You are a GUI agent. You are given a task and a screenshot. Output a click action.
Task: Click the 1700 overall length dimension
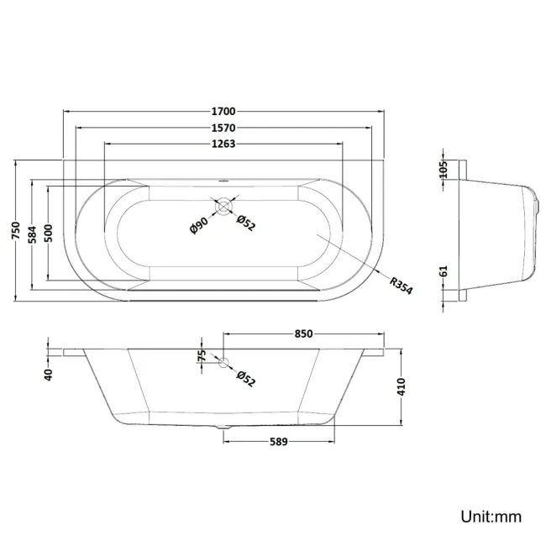tap(223, 111)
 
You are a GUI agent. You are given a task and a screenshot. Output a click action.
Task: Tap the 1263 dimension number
tap(223, 144)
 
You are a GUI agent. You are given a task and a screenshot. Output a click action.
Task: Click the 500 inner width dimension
tap(50, 234)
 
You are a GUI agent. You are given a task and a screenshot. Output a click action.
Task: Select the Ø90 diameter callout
tap(199, 224)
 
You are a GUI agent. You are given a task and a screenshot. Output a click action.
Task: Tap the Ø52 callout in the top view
tap(245, 223)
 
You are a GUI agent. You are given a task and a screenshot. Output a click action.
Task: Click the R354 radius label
tap(400, 283)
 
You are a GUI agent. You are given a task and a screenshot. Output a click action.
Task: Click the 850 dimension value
tap(303, 333)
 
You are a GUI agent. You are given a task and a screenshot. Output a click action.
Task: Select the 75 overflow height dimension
tap(201, 356)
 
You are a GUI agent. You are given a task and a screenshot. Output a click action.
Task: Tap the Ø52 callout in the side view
tap(245, 378)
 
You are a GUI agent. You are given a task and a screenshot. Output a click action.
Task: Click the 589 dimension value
tap(278, 442)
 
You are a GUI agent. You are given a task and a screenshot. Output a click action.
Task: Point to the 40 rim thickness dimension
tap(49, 374)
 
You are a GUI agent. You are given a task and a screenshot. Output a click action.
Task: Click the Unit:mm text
tap(490, 516)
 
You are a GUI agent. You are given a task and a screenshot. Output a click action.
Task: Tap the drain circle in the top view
tap(223, 205)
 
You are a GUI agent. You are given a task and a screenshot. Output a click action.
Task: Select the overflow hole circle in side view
tap(223, 363)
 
